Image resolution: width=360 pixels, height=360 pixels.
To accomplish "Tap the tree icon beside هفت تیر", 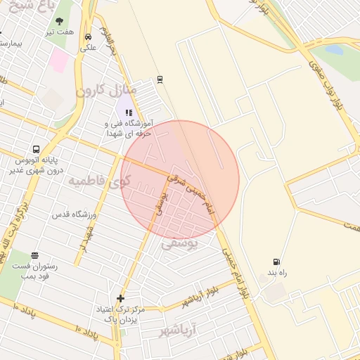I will click(59, 21).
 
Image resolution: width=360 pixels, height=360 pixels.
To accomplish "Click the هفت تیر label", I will click(60, 32).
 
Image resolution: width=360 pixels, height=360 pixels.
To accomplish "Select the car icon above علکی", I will click(88, 37).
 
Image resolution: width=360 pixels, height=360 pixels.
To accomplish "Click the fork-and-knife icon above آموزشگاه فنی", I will click(129, 112).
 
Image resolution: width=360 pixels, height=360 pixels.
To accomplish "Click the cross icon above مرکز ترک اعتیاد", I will click(121, 298).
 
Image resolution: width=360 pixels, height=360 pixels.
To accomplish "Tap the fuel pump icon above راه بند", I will click(275, 262).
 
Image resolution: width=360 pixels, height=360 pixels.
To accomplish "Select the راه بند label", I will click(274, 271).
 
